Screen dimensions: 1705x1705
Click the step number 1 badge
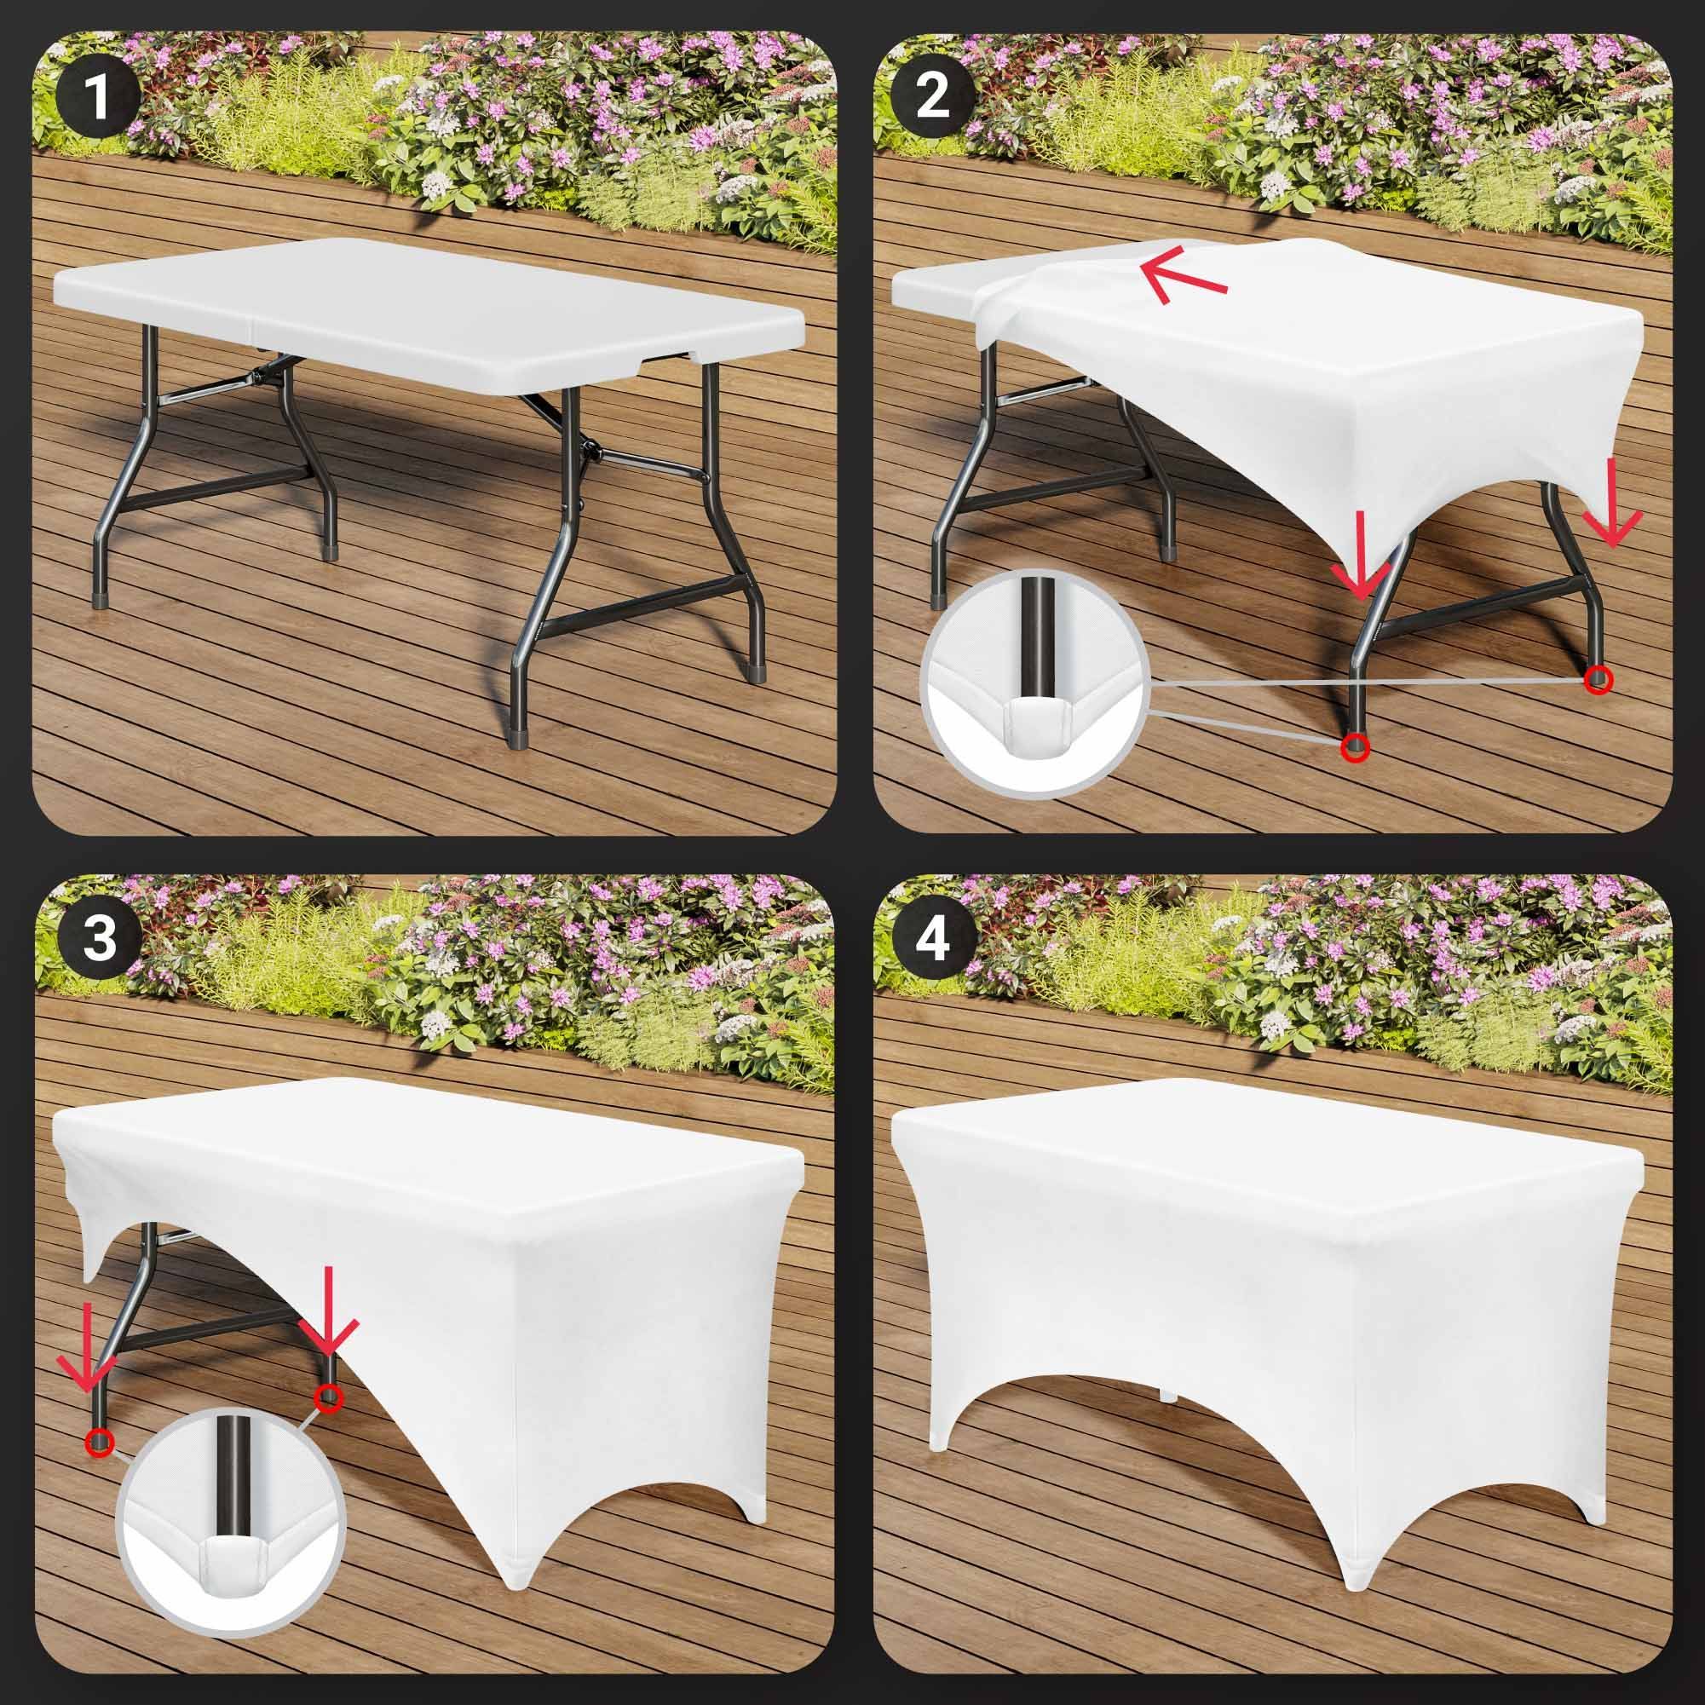[x=97, y=98]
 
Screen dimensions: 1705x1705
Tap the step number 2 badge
[x=933, y=98]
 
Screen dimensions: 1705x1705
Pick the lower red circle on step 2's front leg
[x=1355, y=747]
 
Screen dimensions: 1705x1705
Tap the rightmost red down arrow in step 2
[x=1612, y=500]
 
